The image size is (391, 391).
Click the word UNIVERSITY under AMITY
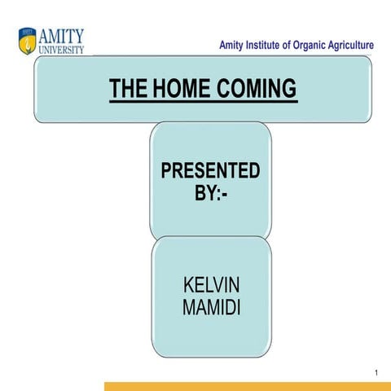[x=62, y=49]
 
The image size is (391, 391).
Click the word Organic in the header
[x=321, y=46]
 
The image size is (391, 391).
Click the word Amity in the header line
[x=234, y=46]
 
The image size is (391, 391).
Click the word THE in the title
[x=130, y=89]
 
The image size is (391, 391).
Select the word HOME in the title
[x=181, y=89]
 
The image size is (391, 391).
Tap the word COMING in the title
[x=256, y=89]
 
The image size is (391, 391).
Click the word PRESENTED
[x=210, y=171]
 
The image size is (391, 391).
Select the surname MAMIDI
[x=210, y=310]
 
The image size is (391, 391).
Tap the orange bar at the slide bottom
[x=244, y=386]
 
